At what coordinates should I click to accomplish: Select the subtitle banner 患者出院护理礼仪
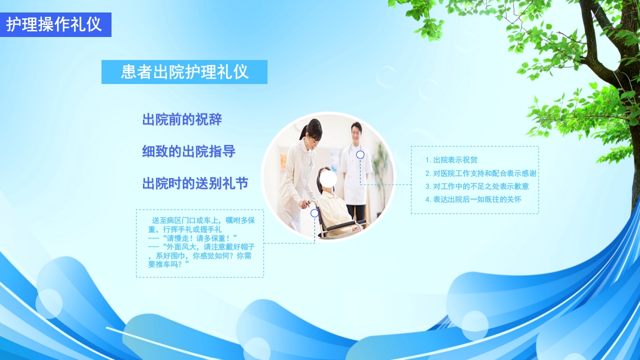[184, 72]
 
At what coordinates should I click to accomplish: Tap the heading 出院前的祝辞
[182, 120]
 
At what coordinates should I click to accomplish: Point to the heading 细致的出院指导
[188, 152]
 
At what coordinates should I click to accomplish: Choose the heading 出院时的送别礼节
[195, 183]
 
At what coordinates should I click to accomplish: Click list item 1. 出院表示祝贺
[451, 160]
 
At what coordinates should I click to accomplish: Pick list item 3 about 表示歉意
[477, 186]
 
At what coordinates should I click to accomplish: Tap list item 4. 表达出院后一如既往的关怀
[473, 199]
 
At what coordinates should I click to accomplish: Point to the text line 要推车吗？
[168, 264]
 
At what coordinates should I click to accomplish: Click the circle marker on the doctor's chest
[360, 155]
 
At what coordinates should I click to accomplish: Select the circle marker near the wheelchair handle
[314, 213]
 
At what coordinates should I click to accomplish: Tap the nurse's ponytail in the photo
[303, 133]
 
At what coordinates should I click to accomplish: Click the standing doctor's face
[356, 132]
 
